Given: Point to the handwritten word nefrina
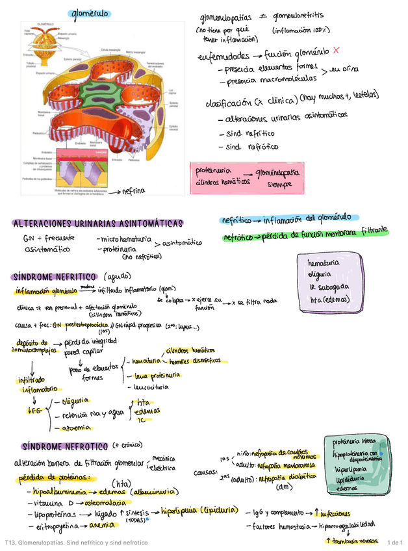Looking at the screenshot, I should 133,191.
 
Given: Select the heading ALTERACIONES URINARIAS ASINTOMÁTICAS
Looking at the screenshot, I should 97,224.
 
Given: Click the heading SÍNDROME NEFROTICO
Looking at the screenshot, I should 64,447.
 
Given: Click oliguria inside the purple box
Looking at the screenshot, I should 322,274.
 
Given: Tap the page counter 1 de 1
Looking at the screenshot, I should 394,542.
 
